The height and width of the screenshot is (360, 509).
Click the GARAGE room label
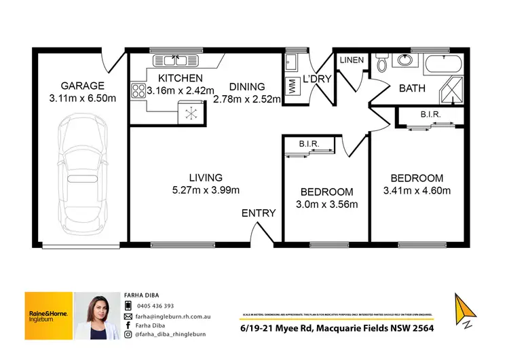coord(82,86)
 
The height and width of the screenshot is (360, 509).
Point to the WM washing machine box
coord(293,88)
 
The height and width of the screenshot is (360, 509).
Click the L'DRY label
coord(317,79)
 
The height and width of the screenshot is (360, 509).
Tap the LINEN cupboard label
coord(352,60)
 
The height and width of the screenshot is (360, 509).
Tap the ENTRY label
coord(259,213)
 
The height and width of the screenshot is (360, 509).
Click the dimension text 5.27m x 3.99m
coord(206,190)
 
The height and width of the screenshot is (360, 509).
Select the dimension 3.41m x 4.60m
coord(417,190)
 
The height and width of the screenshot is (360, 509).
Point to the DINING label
coord(246,86)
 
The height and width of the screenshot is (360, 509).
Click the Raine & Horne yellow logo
coord(48,315)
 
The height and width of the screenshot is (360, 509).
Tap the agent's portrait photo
coord(96,316)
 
